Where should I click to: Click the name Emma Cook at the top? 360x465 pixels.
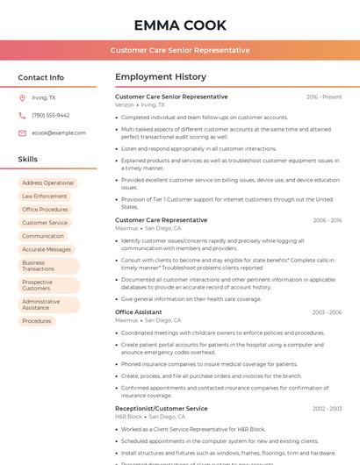180,25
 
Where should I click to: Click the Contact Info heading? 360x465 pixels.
41,77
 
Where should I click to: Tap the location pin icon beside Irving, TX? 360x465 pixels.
22,98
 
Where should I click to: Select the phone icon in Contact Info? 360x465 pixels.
22,115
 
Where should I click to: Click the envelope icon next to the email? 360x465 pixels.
22,132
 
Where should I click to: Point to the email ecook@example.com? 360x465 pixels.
59,132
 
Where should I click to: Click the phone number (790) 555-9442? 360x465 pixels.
51,115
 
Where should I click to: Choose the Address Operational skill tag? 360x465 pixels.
48,182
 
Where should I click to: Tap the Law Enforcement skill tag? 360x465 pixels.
45,196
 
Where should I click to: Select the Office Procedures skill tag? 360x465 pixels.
46,210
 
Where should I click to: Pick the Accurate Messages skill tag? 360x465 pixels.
47,249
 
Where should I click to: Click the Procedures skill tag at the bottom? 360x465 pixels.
37,321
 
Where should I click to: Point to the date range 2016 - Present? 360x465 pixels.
324,97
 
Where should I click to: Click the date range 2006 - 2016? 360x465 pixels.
327,220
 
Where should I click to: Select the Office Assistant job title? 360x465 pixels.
139,312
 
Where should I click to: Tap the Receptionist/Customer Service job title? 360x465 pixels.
162,408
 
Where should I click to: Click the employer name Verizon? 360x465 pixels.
125,104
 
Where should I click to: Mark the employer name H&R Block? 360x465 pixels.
128,416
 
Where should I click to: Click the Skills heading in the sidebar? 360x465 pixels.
28,160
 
